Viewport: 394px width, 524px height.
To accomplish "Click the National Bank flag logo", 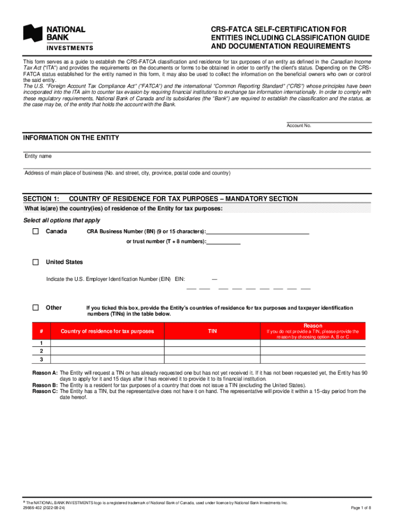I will (33, 34).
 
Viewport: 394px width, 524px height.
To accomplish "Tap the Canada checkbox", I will (35, 232).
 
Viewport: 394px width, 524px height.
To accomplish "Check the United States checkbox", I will (35, 262).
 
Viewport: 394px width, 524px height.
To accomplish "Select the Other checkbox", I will (35, 308).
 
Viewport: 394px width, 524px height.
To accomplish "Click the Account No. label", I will (299, 126).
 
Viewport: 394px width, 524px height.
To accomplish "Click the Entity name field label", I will (38, 156).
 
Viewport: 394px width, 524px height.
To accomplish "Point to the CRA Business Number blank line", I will (258, 231).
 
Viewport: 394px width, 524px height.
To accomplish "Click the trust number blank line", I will (224, 242).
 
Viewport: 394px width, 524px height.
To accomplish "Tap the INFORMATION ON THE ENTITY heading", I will (71, 138).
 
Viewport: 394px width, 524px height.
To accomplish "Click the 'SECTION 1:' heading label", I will (41, 199).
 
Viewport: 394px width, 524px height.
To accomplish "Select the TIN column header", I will (212, 331).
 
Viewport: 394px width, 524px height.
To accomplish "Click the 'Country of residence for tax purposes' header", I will (107, 331).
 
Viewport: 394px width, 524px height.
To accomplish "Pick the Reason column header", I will (313, 325).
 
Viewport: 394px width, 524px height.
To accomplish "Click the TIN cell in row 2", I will (212, 351).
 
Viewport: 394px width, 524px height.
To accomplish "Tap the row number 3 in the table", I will (41, 359).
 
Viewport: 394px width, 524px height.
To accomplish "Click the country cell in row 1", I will (107, 343).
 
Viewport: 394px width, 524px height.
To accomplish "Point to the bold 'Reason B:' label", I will (45, 385).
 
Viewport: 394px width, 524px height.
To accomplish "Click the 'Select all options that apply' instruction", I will (62, 220).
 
